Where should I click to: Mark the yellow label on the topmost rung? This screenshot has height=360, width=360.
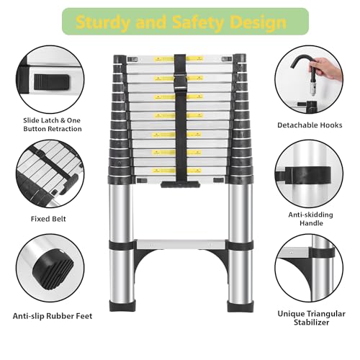click(x=179, y=60)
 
